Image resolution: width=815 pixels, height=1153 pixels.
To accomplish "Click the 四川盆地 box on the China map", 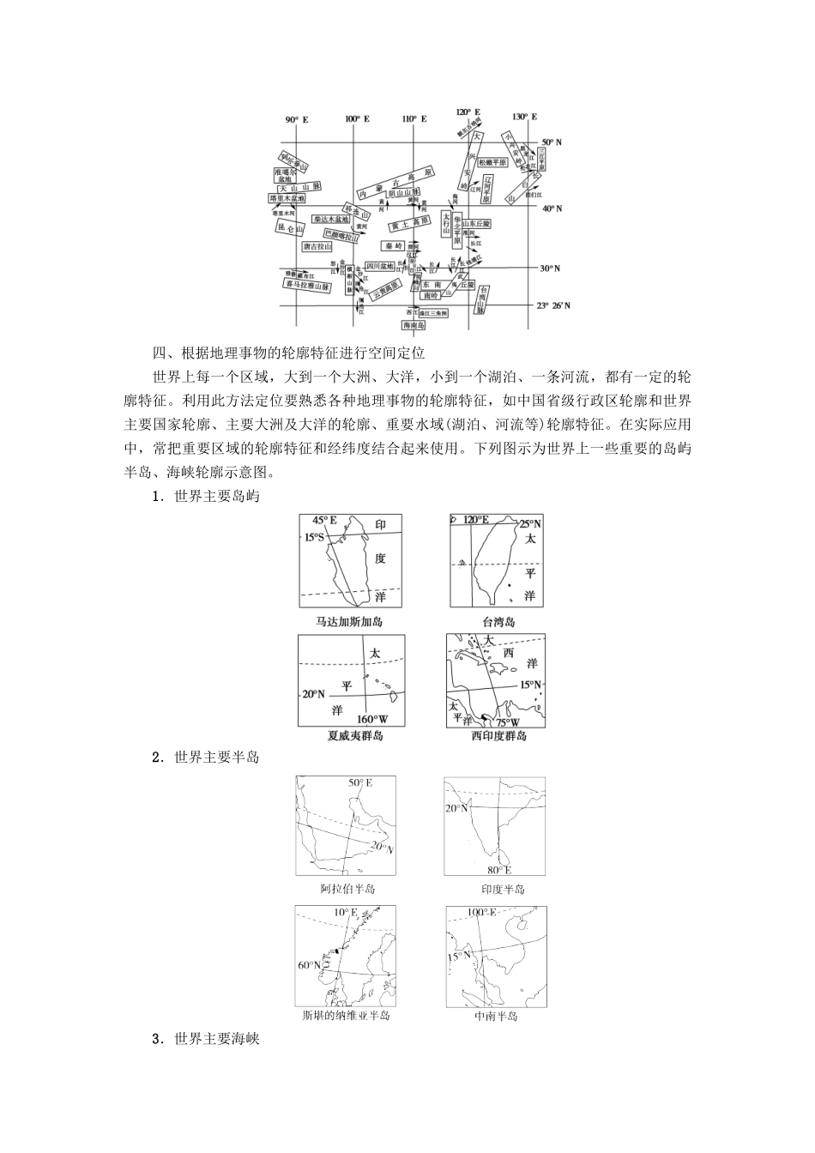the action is pyautogui.click(x=379, y=266).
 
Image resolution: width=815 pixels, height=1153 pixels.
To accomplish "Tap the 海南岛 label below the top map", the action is pyautogui.click(x=414, y=325).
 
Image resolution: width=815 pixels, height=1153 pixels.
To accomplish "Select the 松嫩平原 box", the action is pyautogui.click(x=493, y=161).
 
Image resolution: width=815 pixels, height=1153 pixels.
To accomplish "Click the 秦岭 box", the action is pyautogui.click(x=394, y=245).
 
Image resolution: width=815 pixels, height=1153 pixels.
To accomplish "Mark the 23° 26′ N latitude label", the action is pyautogui.click(x=553, y=305).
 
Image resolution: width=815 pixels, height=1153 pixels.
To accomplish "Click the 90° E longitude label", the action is pyautogui.click(x=297, y=119).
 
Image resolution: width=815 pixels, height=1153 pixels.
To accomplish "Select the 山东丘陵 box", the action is pyautogui.click(x=474, y=223).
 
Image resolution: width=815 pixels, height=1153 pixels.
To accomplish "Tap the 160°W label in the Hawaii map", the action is pyautogui.click(x=370, y=719).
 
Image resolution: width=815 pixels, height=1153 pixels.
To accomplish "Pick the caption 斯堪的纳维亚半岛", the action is pyautogui.click(x=346, y=1016).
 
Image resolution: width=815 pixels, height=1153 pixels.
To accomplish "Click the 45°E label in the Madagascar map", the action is pyautogui.click(x=324, y=521).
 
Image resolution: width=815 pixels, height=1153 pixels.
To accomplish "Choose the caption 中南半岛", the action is pyautogui.click(x=496, y=1017).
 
